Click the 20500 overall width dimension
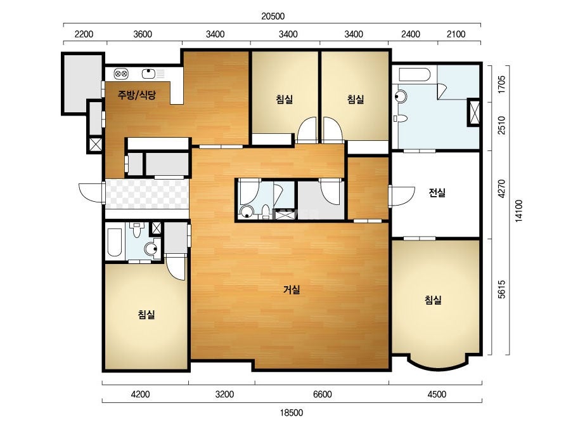pos(273,16)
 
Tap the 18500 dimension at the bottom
pos(292,412)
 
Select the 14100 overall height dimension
pos(518,211)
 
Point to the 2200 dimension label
pos(84,34)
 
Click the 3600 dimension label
pos(143,34)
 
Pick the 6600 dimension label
pos(323,394)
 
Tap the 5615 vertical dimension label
pos(502,289)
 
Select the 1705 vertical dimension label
pos(502,84)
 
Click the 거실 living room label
pos(292,289)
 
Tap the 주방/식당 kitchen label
pos(136,95)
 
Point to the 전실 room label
pos(437,193)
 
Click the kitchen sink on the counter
pos(148,73)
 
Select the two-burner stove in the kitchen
pos(121,74)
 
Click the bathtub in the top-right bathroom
pos(415,74)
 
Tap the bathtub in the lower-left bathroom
pos(114,242)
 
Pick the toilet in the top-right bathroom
pos(400,119)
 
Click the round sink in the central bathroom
pos(247,212)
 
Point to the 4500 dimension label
pos(437,394)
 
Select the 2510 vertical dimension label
pos(502,126)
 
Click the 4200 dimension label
pos(140,394)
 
